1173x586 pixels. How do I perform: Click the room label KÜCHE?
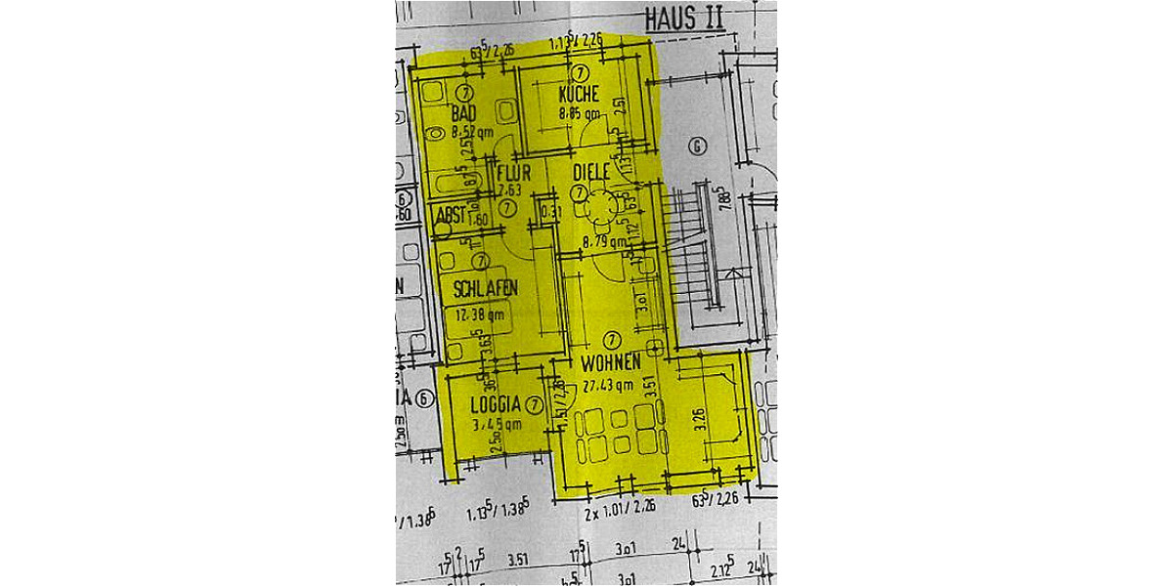point(579,95)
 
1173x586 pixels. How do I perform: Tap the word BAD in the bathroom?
point(464,114)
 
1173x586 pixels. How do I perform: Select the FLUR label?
point(513,174)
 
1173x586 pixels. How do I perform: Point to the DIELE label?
point(591,172)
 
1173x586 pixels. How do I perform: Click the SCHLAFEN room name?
point(485,289)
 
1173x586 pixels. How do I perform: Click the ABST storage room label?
point(451,215)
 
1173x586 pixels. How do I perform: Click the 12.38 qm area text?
point(475,314)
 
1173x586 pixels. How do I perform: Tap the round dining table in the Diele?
point(596,206)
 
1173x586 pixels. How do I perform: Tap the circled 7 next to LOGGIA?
point(534,404)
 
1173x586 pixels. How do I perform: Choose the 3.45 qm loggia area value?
point(496,425)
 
